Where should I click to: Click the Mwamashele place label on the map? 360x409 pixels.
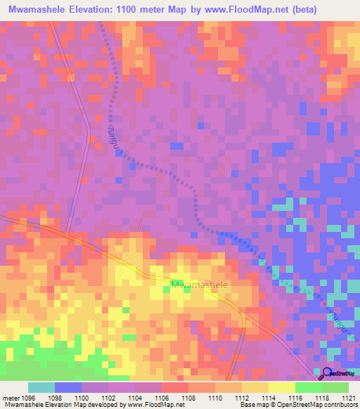click(x=199, y=285)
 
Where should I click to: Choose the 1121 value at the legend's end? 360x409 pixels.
click(x=349, y=397)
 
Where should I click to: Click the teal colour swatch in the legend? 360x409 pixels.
click(x=41, y=387)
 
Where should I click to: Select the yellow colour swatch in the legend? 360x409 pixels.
click(x=281, y=387)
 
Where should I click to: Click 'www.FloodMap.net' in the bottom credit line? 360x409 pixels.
click(x=150, y=405)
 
